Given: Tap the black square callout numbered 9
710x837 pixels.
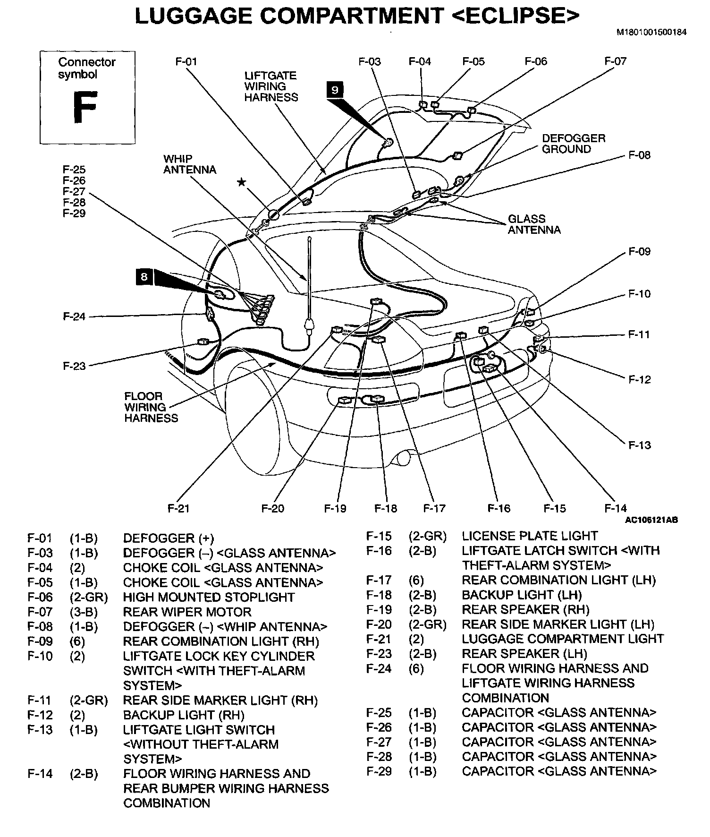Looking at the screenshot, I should click(335, 89).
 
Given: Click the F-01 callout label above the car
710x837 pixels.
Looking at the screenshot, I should click(186, 62).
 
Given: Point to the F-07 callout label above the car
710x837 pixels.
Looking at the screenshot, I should click(615, 61).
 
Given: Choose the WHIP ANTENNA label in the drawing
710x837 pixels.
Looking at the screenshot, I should click(189, 164).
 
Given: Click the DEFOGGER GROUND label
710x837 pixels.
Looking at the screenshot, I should click(573, 144).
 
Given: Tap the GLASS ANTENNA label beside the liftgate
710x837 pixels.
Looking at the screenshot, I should click(534, 224).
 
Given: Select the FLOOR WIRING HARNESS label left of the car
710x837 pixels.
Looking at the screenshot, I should click(151, 407).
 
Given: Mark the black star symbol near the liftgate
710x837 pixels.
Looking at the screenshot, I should click(241, 182).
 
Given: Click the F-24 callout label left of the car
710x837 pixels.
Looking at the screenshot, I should click(74, 316).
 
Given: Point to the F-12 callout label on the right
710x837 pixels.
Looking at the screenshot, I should click(639, 380).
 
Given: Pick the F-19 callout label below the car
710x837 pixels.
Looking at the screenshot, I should click(335, 508).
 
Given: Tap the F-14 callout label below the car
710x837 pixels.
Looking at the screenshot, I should click(616, 508).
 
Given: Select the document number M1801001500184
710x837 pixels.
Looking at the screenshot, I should click(651, 33).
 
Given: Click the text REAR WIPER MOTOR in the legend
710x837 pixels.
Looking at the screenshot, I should click(187, 613).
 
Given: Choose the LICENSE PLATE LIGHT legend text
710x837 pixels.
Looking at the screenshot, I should click(530, 536).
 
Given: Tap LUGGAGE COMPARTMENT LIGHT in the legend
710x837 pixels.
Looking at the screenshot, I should click(563, 639).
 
